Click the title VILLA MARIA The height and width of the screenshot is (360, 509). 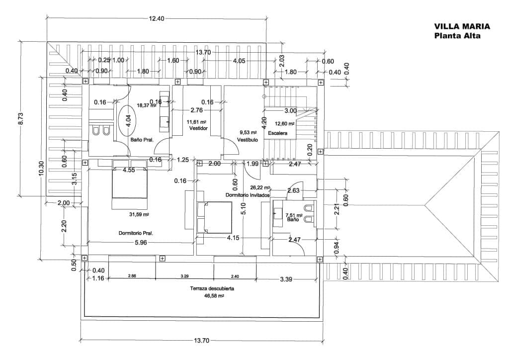coord(462,26)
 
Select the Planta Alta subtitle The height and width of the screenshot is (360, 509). coord(457,35)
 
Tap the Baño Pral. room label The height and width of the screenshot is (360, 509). coord(141,140)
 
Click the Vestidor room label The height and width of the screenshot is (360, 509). coord(198,128)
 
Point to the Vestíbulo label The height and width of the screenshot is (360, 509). coord(247,140)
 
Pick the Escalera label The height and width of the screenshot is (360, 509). coord(277,134)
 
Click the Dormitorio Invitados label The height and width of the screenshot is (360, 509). coord(247,195)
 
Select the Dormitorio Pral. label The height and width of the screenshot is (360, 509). coord(135,233)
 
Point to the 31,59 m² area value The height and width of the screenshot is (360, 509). coord(139,215)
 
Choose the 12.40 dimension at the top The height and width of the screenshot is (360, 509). coord(156,18)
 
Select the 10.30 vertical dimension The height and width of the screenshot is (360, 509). coord(42,169)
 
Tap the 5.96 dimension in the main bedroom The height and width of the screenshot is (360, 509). coord(140,242)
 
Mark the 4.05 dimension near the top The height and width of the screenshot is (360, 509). coord(240,61)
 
